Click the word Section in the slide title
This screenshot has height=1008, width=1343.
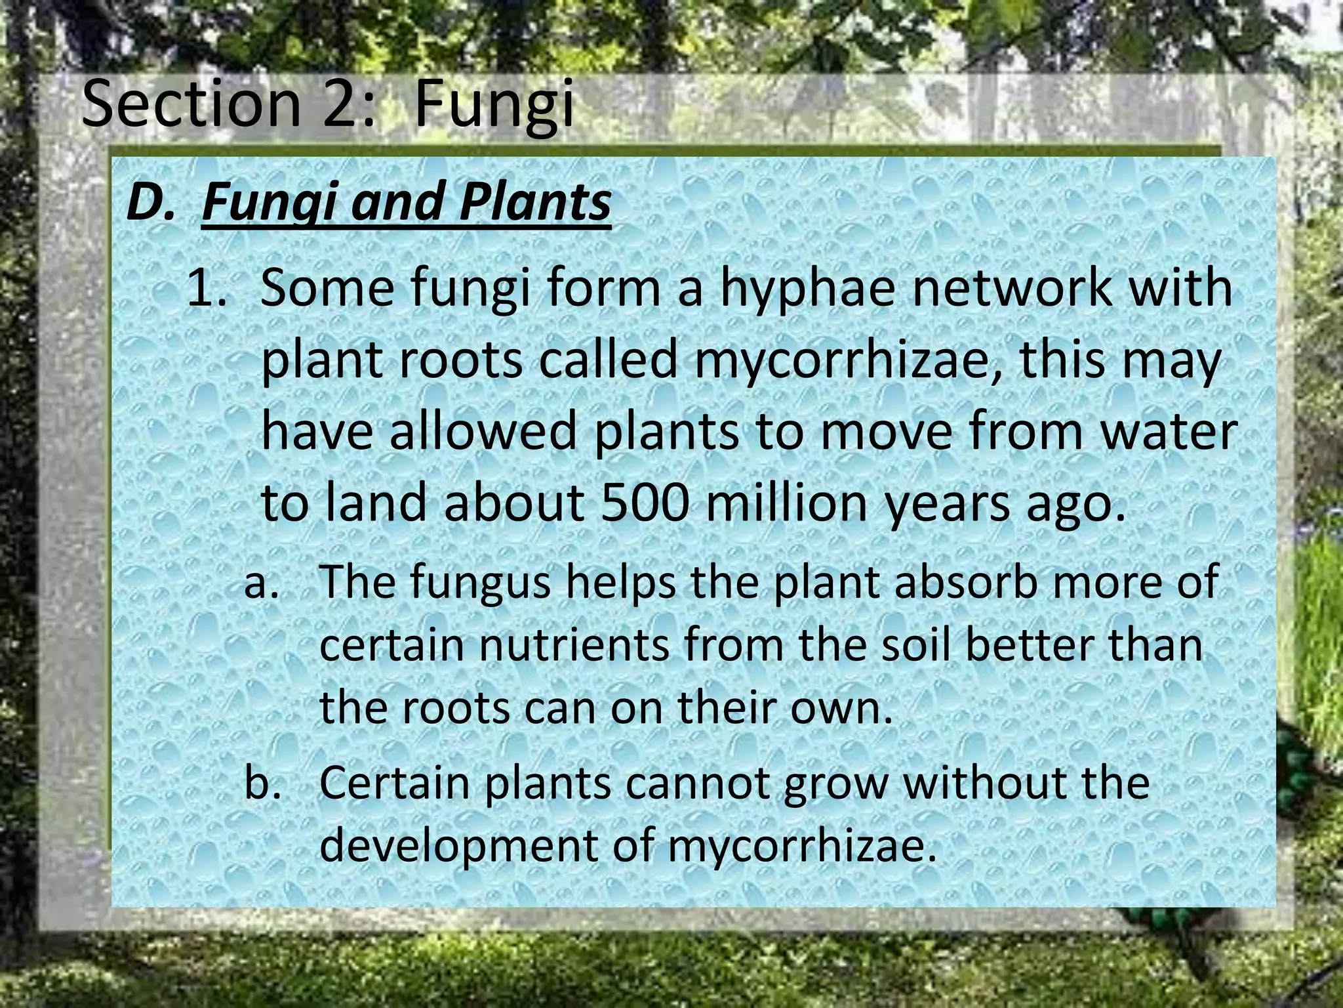(x=190, y=104)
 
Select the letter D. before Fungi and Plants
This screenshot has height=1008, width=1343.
(x=151, y=201)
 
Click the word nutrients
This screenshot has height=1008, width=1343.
(x=574, y=645)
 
